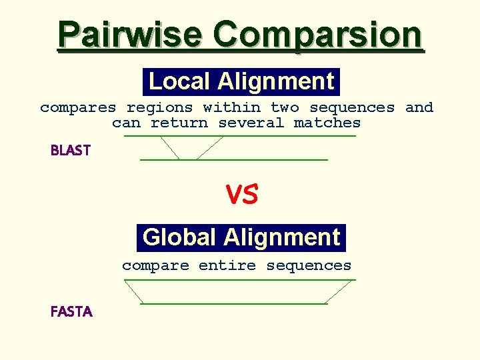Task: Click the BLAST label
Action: point(71,151)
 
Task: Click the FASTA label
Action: point(71,311)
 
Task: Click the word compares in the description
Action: point(78,107)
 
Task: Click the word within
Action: point(232,107)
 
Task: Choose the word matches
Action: point(327,123)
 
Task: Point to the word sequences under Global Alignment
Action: point(309,265)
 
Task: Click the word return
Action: point(179,123)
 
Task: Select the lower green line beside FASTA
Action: point(233,304)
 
